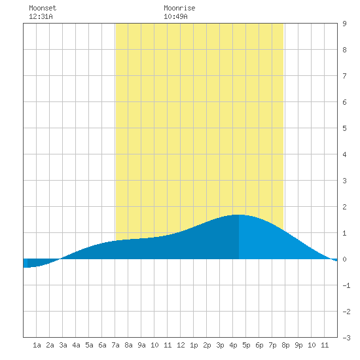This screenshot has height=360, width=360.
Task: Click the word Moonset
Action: pyautogui.click(x=43, y=8)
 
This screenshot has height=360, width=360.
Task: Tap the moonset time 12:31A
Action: pyautogui.click(x=41, y=16)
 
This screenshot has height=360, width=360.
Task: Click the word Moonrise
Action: pyautogui.click(x=179, y=8)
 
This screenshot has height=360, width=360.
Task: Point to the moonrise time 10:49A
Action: pyautogui.click(x=175, y=16)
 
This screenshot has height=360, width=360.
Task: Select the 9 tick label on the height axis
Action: pyautogui.click(x=344, y=24)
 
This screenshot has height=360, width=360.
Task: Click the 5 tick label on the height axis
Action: pyautogui.click(x=344, y=128)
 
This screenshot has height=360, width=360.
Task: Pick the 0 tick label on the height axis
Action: pyautogui.click(x=344, y=259)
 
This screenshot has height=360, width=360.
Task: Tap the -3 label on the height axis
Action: pyautogui.click(x=346, y=338)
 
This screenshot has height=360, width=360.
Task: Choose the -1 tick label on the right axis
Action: pyautogui.click(x=346, y=285)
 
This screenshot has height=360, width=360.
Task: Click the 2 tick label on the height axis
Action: pyautogui.click(x=344, y=207)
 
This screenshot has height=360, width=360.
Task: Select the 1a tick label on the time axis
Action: pyautogui.click(x=37, y=345)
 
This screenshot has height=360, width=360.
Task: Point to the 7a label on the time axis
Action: pyautogui.click(x=115, y=345)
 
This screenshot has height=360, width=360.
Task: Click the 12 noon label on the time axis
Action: pyautogui.click(x=181, y=345)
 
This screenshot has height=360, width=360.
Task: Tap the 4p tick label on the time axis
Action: pyautogui.click(x=233, y=345)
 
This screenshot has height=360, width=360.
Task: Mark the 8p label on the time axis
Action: pyautogui.click(x=285, y=345)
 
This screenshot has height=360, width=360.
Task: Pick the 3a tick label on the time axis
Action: pyautogui.click(x=63, y=345)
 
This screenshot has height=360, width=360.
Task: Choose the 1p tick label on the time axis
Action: pyautogui.click(x=194, y=345)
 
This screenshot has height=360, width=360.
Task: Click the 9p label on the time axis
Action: pyautogui.click(x=298, y=345)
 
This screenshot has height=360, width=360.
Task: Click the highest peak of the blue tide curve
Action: pyautogui.click(x=239, y=215)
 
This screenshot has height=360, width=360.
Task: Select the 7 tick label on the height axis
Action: pyautogui.click(x=344, y=76)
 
